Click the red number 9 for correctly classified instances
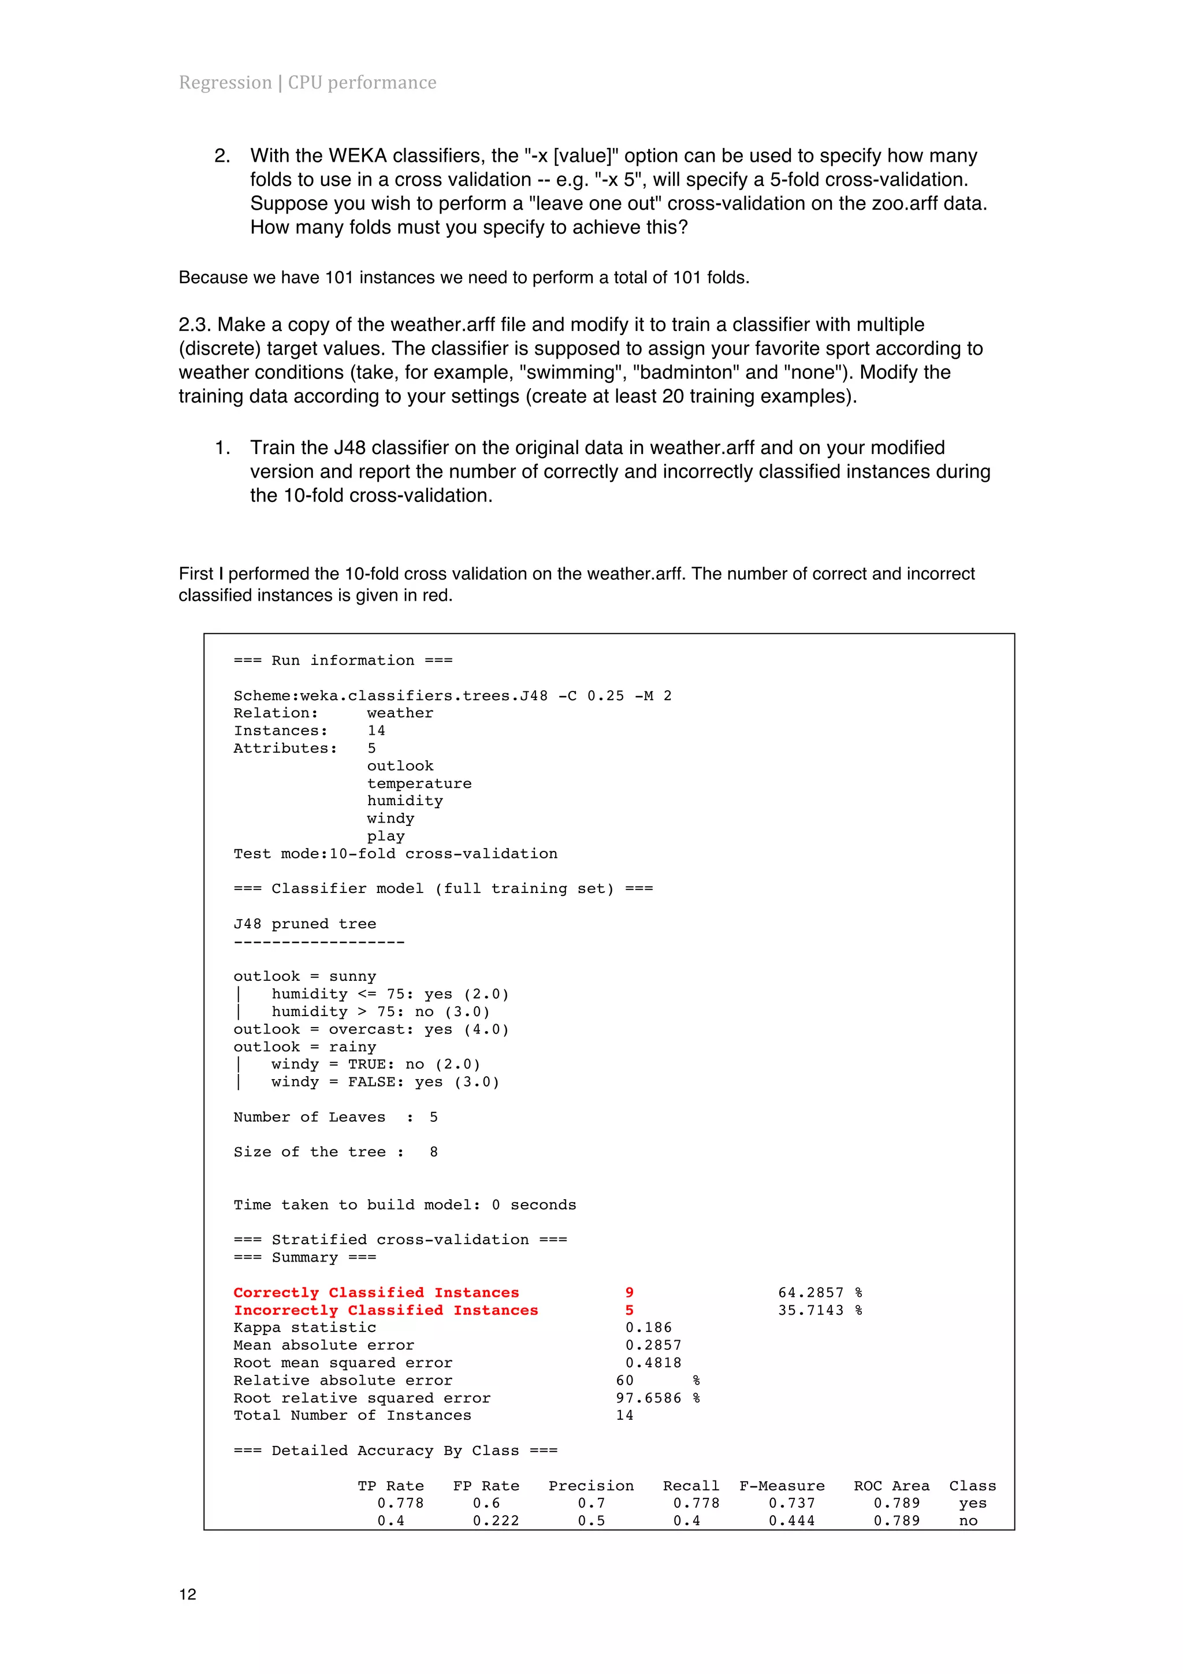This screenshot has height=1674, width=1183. (629, 1292)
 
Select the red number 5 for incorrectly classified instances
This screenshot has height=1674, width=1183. (629, 1310)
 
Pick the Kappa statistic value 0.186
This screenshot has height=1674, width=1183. (648, 1327)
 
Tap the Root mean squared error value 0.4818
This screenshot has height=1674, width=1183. (653, 1362)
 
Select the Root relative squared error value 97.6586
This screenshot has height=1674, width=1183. (648, 1398)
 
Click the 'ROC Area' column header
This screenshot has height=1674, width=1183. (891, 1485)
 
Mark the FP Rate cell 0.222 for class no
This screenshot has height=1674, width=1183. (496, 1520)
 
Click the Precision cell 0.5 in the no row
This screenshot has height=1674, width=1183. (591, 1520)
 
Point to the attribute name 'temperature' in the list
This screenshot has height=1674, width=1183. (419, 783)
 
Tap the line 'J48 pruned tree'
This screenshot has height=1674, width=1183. (304, 923)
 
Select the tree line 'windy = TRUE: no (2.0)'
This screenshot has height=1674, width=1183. (375, 1064)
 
